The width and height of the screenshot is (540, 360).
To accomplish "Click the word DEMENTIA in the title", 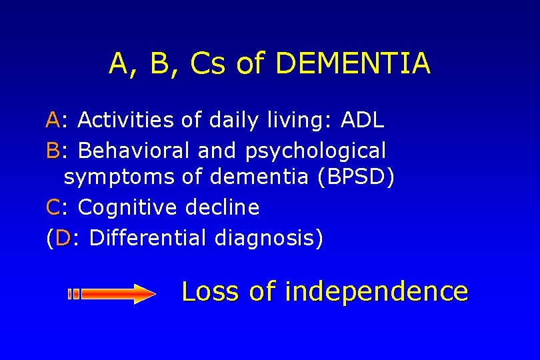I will click(x=352, y=64).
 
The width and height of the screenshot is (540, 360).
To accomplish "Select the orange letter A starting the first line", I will click(x=53, y=121).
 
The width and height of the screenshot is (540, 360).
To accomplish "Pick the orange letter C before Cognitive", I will click(x=53, y=208).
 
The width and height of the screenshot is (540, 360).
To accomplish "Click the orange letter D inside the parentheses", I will click(x=63, y=238).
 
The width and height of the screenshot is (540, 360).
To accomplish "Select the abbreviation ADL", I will click(x=362, y=121).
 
